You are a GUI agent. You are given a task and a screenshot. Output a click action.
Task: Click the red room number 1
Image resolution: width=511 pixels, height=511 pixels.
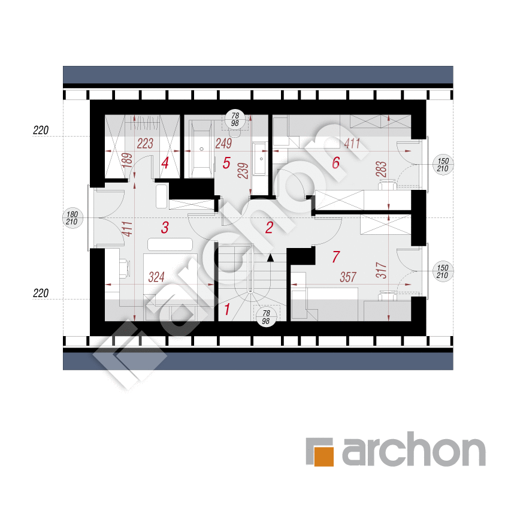point(227,309)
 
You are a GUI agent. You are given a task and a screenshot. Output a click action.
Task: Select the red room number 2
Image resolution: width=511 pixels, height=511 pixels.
point(269,228)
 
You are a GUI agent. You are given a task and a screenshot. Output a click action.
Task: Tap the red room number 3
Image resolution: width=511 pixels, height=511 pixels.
point(165,228)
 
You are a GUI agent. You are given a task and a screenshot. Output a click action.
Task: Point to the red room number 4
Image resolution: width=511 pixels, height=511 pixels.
point(165,163)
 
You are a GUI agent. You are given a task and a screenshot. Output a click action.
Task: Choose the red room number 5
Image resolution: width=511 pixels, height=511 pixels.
point(226,163)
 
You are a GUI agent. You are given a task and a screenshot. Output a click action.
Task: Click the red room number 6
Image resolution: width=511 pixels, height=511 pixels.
point(336,162)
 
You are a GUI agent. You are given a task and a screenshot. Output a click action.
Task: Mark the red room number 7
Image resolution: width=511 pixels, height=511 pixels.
point(336,257)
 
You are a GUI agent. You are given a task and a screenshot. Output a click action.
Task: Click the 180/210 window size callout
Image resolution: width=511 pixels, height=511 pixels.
point(72,218)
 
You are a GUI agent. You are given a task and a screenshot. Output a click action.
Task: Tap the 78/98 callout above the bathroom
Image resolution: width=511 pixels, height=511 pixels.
point(235,119)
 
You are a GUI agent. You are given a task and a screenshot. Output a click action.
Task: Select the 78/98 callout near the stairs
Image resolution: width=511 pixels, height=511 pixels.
point(266,317)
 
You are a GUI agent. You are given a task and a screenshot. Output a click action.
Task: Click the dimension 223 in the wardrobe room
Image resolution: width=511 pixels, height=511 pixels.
point(145,143)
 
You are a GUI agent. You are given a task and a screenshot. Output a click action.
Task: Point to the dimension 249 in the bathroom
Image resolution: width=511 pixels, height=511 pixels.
point(223,143)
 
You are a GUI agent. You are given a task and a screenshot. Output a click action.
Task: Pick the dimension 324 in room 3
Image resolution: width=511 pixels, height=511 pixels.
point(156,277)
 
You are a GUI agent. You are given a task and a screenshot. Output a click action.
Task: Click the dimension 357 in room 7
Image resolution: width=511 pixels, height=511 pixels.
point(348,277)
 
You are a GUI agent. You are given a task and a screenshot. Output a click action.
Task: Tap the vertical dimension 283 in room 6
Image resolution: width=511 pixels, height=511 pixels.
point(381,169)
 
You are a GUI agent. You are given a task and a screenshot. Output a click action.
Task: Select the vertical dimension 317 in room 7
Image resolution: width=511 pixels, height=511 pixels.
point(381,271)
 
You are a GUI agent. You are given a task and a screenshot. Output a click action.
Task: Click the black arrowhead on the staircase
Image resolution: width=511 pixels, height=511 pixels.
point(270,258)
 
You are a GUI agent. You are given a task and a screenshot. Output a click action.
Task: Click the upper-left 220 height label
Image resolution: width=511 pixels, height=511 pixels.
point(41,131)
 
